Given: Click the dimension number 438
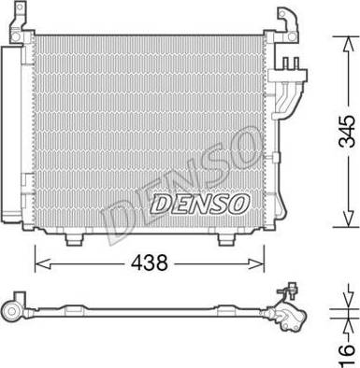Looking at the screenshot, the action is point(150,262).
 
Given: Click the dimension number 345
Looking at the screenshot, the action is point(347,132).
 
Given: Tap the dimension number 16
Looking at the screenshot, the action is point(347,355).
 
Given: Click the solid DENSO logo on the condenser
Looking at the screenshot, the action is point(200,204).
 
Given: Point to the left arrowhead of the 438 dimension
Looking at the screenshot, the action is point(43,264).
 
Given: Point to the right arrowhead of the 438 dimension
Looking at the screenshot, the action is point(256,264).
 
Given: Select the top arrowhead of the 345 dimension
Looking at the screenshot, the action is point(348,44).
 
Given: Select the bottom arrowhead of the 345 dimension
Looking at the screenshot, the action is point(348,219).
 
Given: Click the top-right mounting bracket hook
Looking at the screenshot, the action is point(289,23).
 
